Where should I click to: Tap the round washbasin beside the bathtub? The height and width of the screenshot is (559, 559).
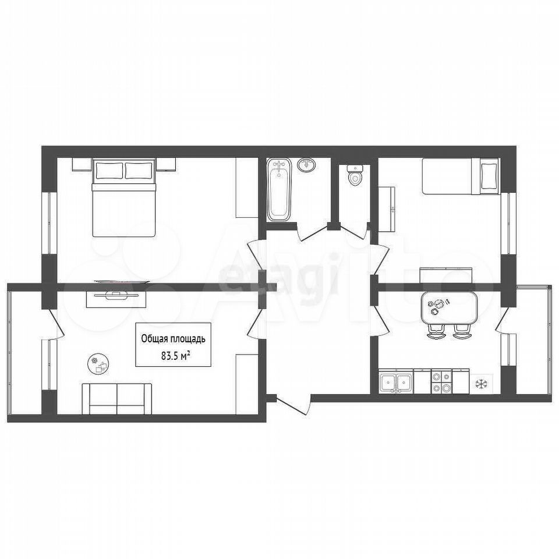tap(307, 164)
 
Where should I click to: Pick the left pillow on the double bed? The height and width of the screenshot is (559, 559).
tap(109, 171)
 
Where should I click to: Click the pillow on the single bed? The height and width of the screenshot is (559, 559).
tap(489, 176)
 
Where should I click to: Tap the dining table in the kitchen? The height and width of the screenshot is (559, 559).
tap(449, 307)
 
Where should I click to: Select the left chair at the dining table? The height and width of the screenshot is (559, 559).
tap(436, 331)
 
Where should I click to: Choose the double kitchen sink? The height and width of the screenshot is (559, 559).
tap(396, 383)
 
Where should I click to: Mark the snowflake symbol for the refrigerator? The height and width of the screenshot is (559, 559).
tap(482, 384)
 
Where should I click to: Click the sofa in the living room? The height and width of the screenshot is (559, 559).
tap(117, 399)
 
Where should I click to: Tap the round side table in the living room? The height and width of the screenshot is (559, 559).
tap(98, 363)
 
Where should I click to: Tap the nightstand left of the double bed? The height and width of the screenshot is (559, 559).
tap(82, 164)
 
